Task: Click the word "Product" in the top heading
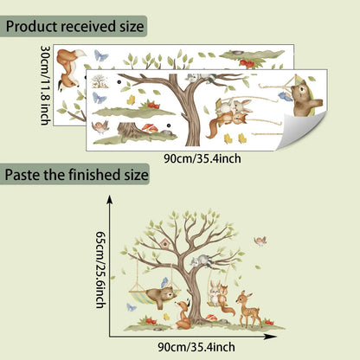31,27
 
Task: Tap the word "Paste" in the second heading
22,175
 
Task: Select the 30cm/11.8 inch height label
46,85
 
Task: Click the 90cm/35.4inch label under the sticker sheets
202,158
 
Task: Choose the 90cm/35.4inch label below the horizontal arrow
196,347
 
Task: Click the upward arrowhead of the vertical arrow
109,199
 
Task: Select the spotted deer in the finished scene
249,309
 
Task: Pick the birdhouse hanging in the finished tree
165,244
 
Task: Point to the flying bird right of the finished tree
260,241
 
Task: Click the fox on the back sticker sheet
70,69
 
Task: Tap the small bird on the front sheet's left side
100,127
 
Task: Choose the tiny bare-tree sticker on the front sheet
100,81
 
